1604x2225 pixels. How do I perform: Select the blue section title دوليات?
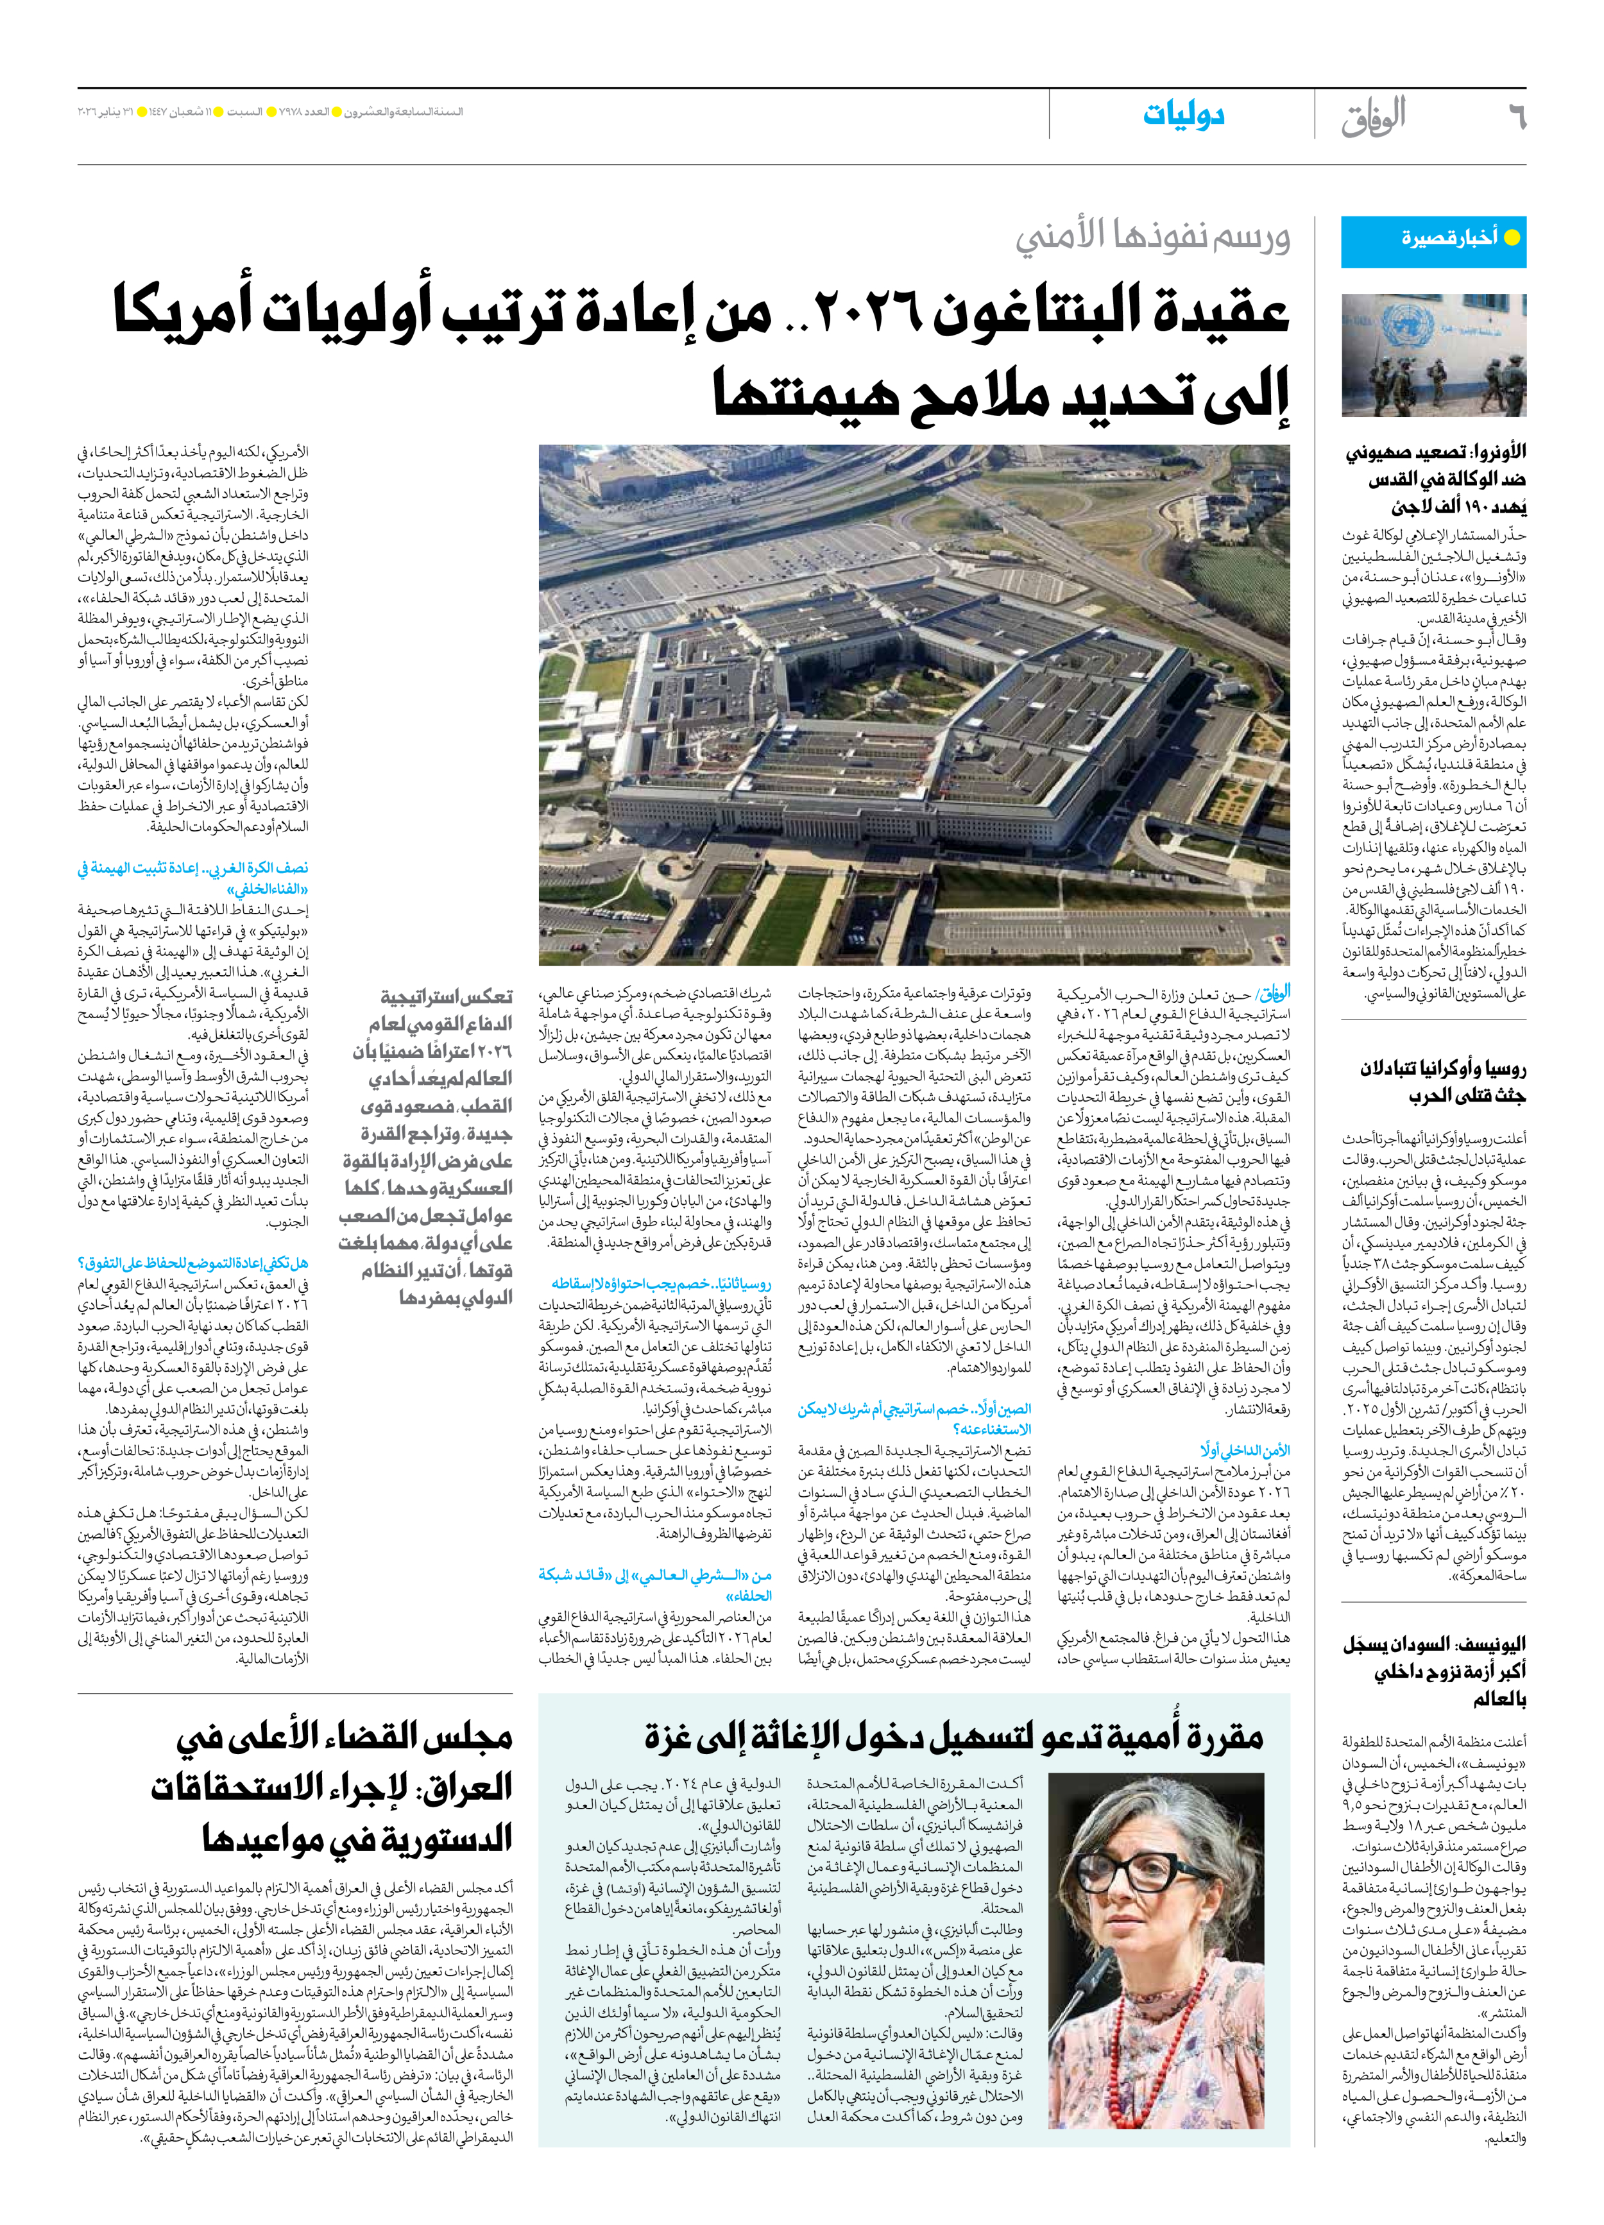pos(1183,115)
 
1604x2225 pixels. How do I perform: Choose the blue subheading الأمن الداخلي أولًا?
pos(1244,1449)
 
